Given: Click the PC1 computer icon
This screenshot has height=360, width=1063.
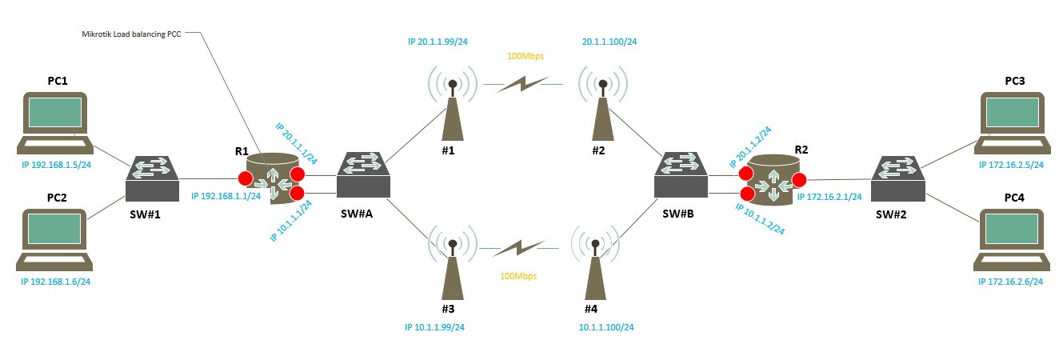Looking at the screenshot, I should pyautogui.click(x=54, y=122).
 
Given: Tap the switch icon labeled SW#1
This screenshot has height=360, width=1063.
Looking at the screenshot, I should pyautogui.click(x=152, y=178).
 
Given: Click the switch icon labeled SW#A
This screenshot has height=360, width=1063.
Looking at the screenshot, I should pyautogui.click(x=363, y=175).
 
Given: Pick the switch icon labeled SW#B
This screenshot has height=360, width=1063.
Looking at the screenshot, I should pyautogui.click(x=680, y=175).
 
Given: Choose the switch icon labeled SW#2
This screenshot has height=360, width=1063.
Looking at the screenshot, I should pyautogui.click(x=897, y=178).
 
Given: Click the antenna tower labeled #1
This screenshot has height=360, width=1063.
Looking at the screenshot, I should pyautogui.click(x=452, y=108).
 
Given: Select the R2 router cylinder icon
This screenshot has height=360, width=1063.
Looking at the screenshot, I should pyautogui.click(x=772, y=180).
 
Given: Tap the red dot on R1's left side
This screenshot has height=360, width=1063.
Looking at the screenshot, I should pyautogui.click(x=246, y=178).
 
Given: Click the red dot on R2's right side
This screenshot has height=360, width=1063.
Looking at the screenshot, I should pyautogui.click(x=798, y=178).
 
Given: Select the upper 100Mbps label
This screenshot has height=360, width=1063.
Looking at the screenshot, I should pyautogui.click(x=526, y=56).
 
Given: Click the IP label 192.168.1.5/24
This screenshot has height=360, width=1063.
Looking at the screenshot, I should pyautogui.click(x=56, y=166).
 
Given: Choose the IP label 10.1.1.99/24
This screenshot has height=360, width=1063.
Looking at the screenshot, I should pyautogui.click(x=436, y=327).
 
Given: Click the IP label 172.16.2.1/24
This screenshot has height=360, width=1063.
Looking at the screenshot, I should pyautogui.click(x=829, y=196).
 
